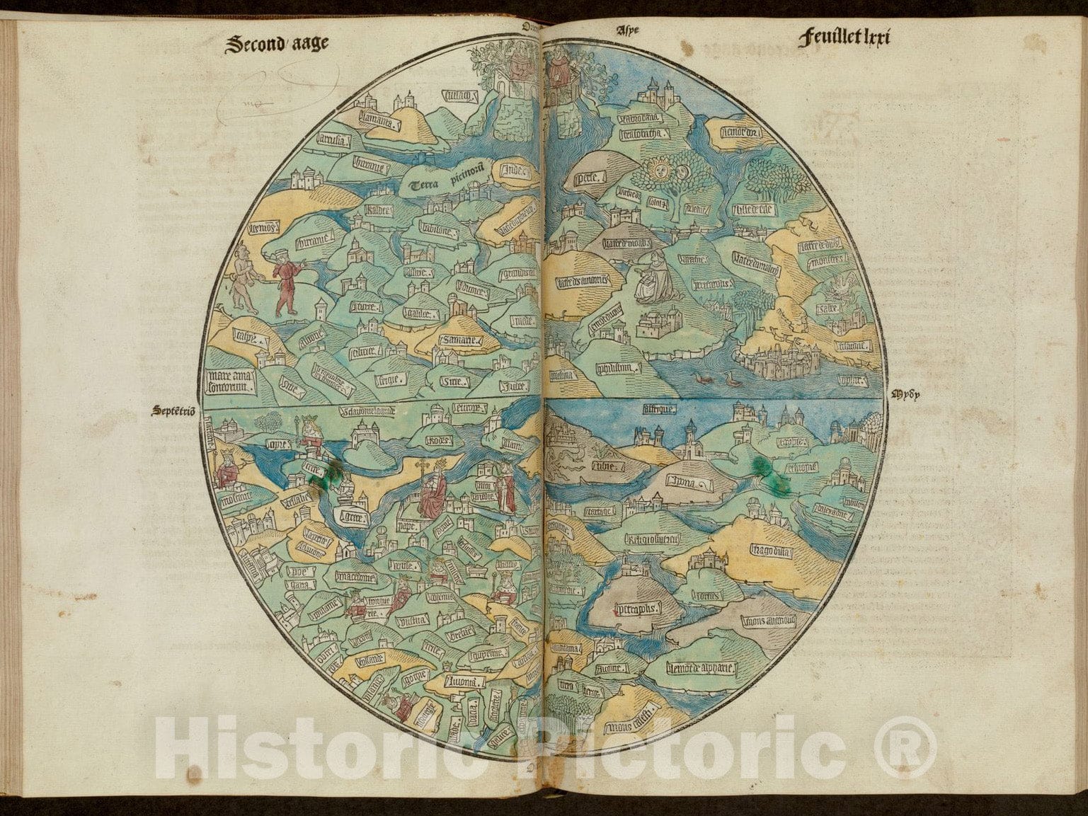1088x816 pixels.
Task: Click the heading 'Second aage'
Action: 277,44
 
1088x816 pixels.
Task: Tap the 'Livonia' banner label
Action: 464,682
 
